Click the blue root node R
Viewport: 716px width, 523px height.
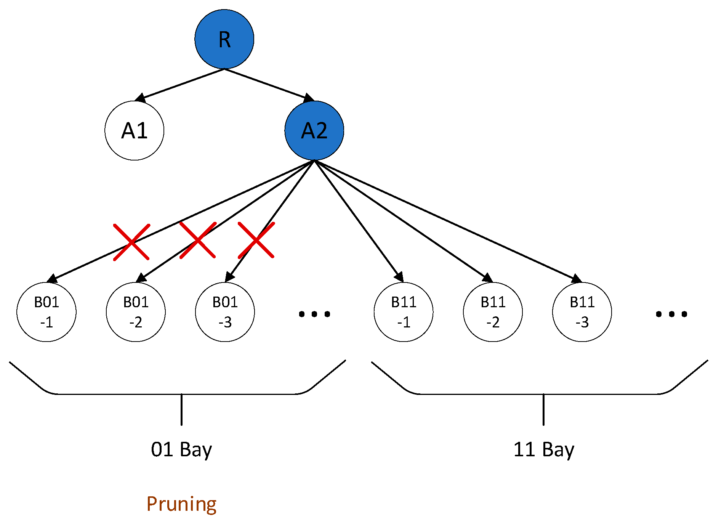point(224,39)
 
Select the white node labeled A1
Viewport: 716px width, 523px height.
point(134,130)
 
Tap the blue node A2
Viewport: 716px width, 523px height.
point(314,130)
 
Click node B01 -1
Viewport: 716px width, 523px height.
point(46,312)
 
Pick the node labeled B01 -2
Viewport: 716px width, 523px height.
point(136,312)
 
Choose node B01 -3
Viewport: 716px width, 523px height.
point(225,312)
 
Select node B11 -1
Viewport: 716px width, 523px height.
point(404,312)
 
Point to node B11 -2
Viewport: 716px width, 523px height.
point(493,312)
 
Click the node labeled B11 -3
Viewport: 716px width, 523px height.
point(582,312)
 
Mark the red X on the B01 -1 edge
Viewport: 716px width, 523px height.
point(131,242)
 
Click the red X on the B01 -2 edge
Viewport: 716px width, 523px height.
point(197,240)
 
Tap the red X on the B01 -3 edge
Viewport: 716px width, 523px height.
point(256,240)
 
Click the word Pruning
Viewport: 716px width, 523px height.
point(181,504)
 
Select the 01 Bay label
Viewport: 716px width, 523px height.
point(181,450)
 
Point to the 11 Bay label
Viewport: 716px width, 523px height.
point(543,450)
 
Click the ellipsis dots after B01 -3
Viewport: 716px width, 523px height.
point(314,314)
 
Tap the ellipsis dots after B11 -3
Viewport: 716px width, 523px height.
point(671,314)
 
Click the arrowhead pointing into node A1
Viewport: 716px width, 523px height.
point(141,98)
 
